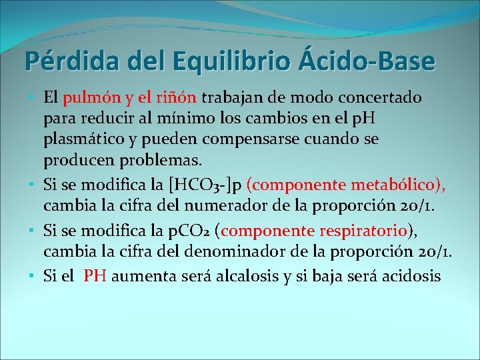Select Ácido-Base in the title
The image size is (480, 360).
pyautogui.click(x=364, y=61)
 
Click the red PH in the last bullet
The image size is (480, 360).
pyautogui.click(x=95, y=277)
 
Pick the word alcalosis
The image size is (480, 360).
pyautogui.click(x=249, y=277)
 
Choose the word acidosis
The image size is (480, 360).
pyautogui.click(x=411, y=277)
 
